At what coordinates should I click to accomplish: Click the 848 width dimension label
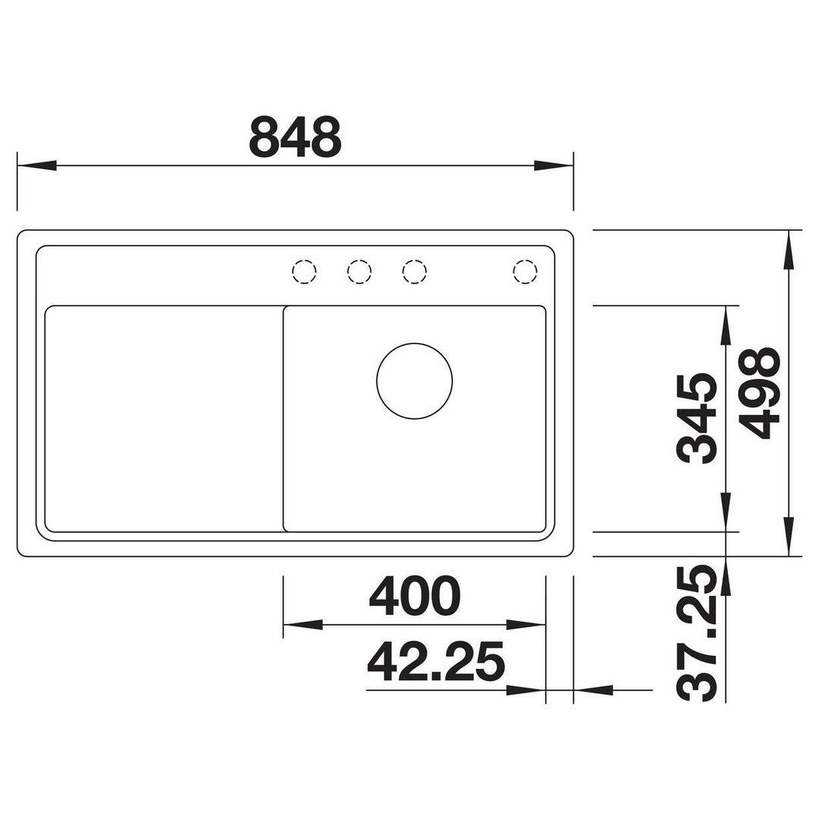[x=296, y=136]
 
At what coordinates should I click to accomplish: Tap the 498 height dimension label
[x=761, y=394]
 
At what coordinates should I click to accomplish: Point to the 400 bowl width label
[x=415, y=595]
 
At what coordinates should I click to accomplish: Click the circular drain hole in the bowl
[x=414, y=381]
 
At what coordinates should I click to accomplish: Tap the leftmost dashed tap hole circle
[x=304, y=271]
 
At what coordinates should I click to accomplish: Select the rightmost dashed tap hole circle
[x=525, y=271]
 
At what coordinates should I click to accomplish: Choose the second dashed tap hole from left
[x=359, y=271]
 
